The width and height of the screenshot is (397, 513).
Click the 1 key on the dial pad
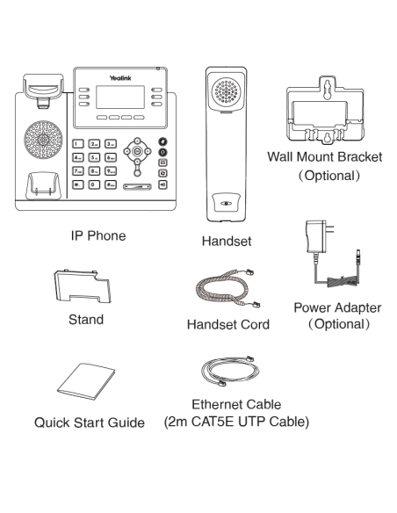pyautogui.click(x=78, y=143)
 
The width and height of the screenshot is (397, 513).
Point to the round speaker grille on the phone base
pyautogui.click(x=40, y=141)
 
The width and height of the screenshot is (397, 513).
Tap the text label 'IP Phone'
pyautogui.click(x=98, y=236)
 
